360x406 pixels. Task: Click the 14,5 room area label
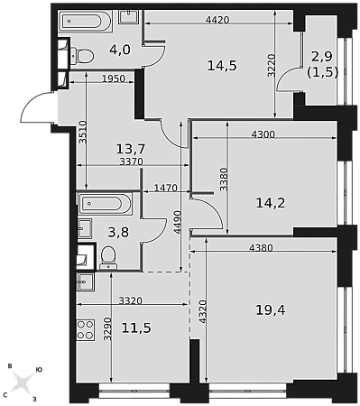[x=222, y=66]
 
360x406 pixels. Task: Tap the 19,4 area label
[x=271, y=310]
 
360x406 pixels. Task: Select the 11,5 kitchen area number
[x=136, y=328]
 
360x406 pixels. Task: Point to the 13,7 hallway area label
[x=131, y=148]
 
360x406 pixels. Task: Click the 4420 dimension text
[x=217, y=20]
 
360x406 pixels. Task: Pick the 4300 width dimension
[x=263, y=134]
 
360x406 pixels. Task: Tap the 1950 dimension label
[x=114, y=78]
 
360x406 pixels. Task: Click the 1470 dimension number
[x=166, y=188]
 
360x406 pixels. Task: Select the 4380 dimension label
[x=261, y=248]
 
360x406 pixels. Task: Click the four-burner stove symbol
[x=86, y=330]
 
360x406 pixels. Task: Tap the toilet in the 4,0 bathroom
[x=82, y=56]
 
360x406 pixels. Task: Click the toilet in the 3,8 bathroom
[x=108, y=258]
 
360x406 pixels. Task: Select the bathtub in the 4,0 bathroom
[x=81, y=21]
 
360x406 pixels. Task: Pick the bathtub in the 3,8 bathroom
[x=105, y=203]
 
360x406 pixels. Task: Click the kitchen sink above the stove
[x=86, y=282]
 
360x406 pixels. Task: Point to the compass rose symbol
[x=23, y=382]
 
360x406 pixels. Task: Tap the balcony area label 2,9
[x=322, y=56]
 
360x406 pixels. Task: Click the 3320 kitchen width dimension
[x=131, y=300]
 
